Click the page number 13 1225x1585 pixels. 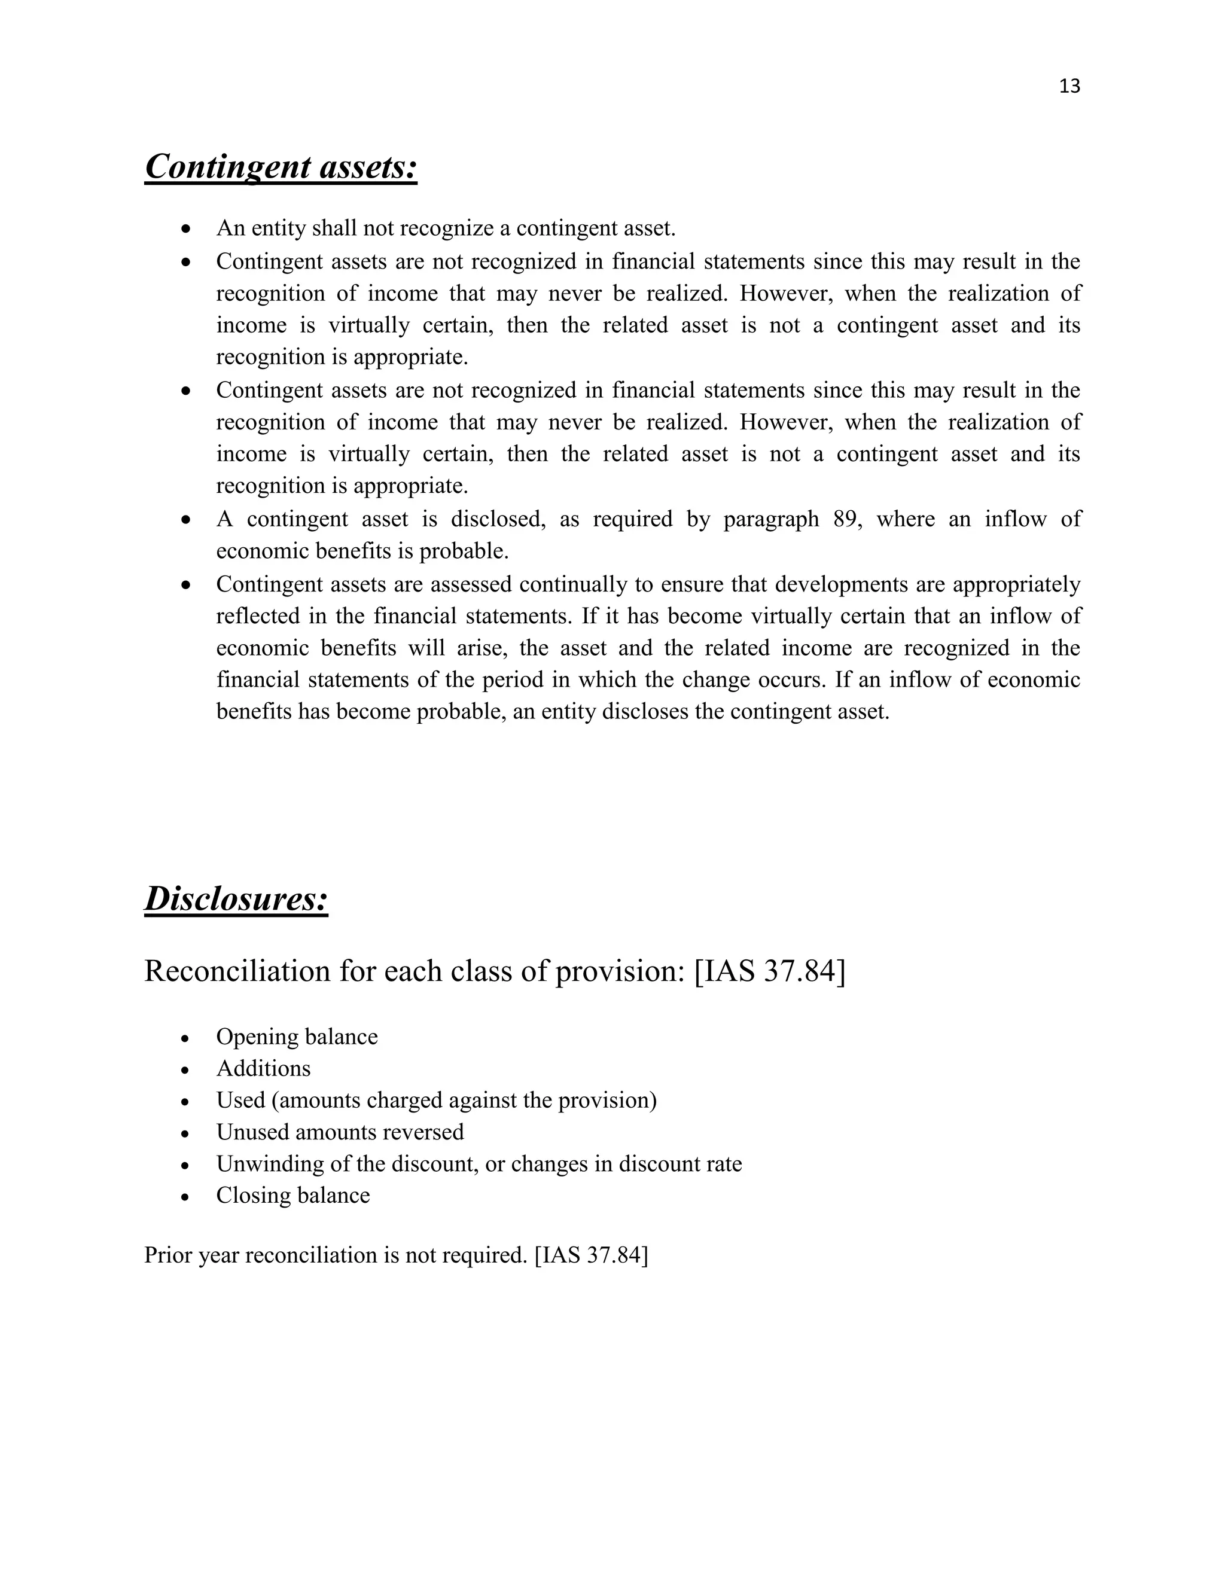1069,86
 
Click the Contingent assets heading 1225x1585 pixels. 281,167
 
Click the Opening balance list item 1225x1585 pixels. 297,1037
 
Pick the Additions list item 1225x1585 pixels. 263,1068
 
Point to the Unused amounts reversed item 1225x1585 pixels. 340,1132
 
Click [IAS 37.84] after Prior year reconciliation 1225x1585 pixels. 591,1255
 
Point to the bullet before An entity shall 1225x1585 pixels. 187,229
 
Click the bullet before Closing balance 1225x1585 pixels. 187,1197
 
